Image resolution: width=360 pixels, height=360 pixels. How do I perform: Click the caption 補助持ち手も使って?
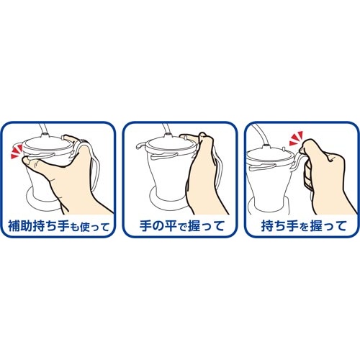[x=59, y=226]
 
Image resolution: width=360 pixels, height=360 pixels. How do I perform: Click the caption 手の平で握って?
[x=182, y=226]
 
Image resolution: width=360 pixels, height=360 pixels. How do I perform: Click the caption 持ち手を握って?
[x=304, y=226]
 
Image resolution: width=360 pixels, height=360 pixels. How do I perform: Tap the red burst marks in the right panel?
[x=297, y=138]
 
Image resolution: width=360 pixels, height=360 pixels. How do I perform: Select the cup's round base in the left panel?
[x=42, y=200]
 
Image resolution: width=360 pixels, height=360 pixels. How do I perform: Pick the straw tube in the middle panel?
[x=166, y=130]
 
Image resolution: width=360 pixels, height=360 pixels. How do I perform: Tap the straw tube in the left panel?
[x=42, y=130]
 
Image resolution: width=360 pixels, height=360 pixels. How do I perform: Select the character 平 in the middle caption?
[x=171, y=226]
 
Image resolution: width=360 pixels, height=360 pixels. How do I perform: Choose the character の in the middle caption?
[x=158, y=227]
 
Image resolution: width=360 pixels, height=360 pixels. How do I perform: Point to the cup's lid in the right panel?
[x=269, y=156]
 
